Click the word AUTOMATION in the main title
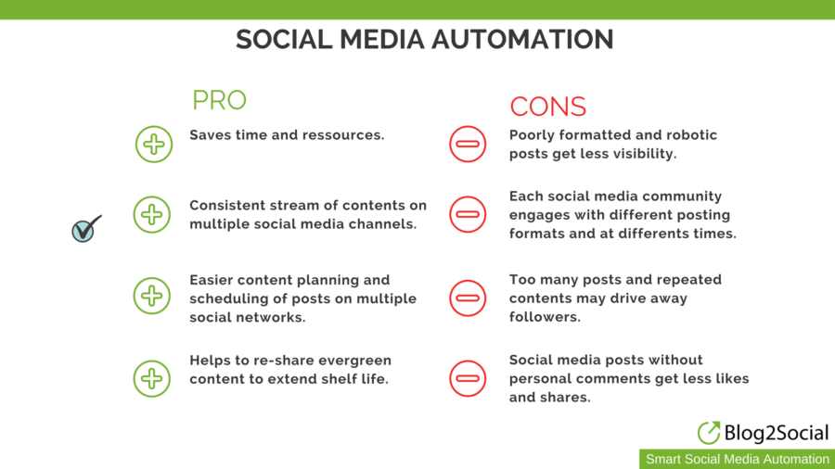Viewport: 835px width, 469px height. [x=522, y=39]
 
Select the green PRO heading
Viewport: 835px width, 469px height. [x=219, y=100]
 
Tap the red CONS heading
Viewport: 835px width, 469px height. [x=548, y=107]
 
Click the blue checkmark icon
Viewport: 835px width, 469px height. [x=86, y=229]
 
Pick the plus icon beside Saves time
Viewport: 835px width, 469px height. [x=154, y=144]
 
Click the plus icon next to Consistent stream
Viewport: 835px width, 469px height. [x=152, y=215]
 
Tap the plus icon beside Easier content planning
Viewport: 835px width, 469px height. [x=152, y=296]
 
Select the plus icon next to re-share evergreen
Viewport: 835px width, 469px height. [x=152, y=378]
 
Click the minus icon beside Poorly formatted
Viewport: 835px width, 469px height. [x=468, y=144]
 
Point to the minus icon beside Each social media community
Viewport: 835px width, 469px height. [x=468, y=214]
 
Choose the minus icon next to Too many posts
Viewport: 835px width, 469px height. [x=468, y=298]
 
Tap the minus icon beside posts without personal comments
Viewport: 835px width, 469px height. [x=468, y=378]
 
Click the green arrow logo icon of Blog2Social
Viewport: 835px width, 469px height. [x=709, y=432]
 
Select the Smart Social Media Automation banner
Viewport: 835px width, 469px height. [x=737, y=459]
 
